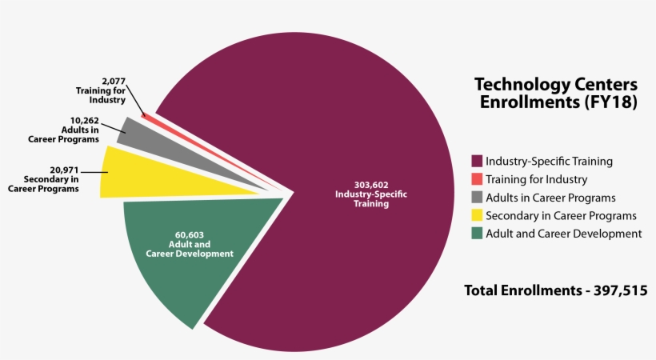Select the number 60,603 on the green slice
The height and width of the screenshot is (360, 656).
[190, 234]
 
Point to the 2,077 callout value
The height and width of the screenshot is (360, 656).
[113, 81]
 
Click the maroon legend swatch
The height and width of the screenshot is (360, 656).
[477, 161]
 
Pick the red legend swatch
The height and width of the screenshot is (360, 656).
[477, 179]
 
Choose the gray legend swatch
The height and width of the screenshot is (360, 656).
[477, 198]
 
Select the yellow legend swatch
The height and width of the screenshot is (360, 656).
[477, 215]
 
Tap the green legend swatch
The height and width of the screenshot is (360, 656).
[477, 234]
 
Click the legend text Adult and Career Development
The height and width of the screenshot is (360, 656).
[563, 234]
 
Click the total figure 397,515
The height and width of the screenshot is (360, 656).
[618, 290]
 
